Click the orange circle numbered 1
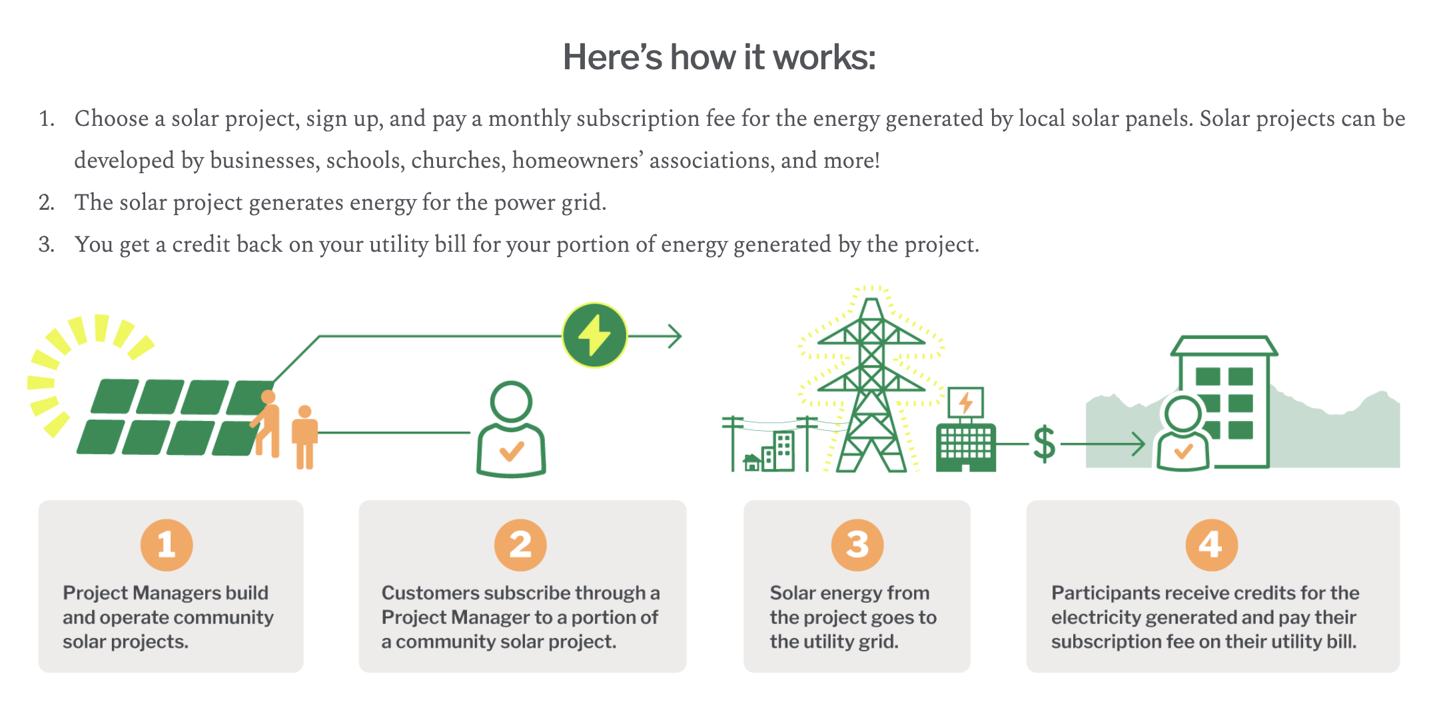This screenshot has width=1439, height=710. [x=167, y=545]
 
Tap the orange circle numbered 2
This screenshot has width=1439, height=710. [x=520, y=545]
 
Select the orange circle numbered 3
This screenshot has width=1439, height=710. [x=857, y=545]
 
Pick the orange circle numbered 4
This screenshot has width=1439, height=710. [x=1211, y=545]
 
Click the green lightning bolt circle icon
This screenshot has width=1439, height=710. [x=594, y=336]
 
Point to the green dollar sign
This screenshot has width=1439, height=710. [x=1044, y=444]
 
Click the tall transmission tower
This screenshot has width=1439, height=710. [x=871, y=386]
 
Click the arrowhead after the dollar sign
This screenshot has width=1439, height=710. [x=1139, y=444]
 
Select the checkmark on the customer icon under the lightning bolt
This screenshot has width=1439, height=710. [x=512, y=452]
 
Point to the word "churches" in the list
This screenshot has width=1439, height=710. [x=456, y=161]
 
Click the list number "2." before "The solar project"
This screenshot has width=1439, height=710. [x=47, y=202]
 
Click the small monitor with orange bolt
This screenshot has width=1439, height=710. [x=965, y=403]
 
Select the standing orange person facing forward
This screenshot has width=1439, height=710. [x=304, y=436]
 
